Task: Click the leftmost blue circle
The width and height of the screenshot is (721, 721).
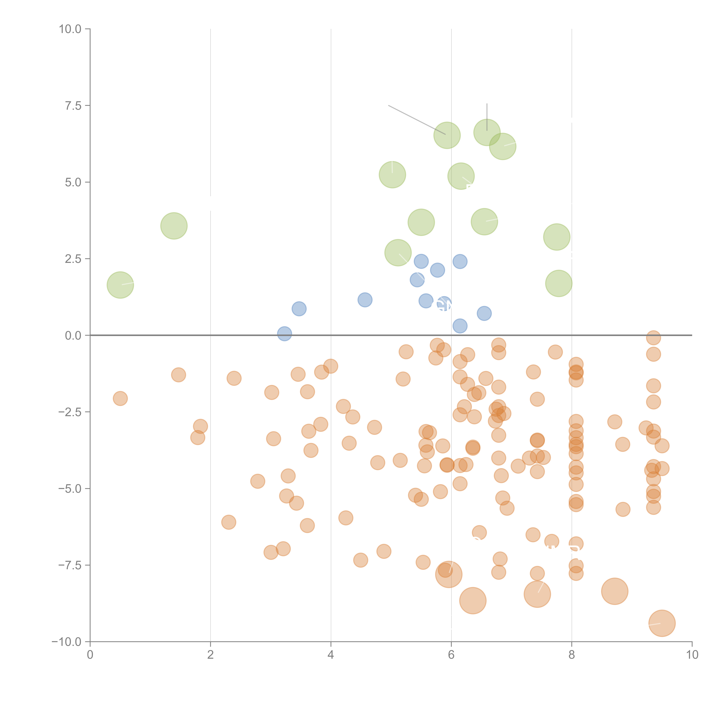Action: (x=284, y=334)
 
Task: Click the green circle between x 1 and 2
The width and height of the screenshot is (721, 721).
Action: (x=174, y=226)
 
